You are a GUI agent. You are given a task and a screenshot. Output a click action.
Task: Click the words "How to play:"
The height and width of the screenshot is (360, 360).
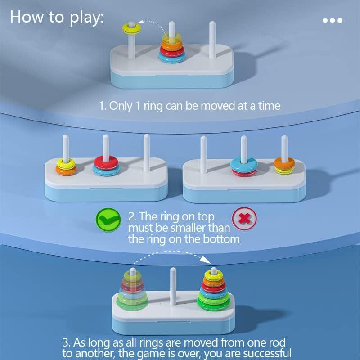point(57,17)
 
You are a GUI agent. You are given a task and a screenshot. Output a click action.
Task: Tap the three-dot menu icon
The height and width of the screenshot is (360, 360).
point(333,20)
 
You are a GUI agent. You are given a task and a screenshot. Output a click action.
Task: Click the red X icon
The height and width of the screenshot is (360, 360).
point(244,219)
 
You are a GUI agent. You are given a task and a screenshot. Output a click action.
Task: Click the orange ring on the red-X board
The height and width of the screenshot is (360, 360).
point(284,164)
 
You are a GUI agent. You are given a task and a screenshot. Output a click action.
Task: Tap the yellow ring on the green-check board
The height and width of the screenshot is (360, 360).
point(66,162)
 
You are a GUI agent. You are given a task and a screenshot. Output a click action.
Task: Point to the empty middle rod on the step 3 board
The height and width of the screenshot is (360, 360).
point(172,283)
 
